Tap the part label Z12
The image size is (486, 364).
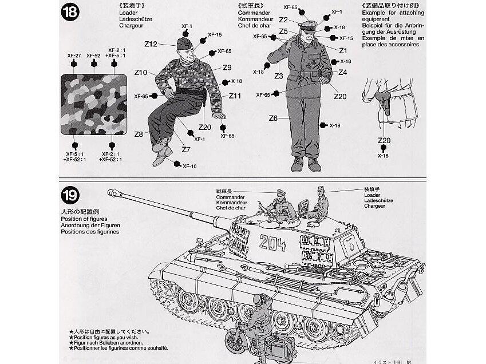tap(151, 43)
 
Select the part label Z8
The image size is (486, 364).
tap(139, 134)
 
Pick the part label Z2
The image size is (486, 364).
tap(283, 19)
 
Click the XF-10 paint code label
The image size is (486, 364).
tap(189, 166)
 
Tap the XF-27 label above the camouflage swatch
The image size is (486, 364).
tap(72, 56)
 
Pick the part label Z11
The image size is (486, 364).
tap(235, 96)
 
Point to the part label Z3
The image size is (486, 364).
tap(279, 76)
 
